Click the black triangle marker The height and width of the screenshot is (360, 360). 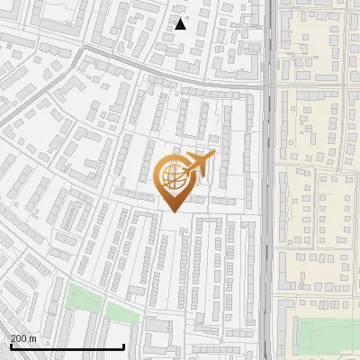[181, 24]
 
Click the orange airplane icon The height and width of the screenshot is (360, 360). [199, 165]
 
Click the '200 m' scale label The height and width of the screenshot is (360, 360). [23, 337]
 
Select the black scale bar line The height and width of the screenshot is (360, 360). [67, 347]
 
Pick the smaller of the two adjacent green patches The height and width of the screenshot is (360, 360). [122, 311]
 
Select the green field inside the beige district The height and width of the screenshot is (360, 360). [328, 335]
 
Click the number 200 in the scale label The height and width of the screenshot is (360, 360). [19, 337]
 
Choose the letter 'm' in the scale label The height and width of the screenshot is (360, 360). [32, 338]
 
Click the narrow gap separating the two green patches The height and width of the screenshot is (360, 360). [105, 306]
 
